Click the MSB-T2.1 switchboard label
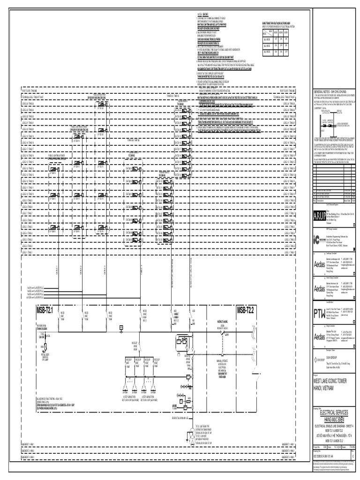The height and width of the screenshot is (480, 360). click(44, 309)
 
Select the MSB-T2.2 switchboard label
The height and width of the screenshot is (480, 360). click(245, 309)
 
